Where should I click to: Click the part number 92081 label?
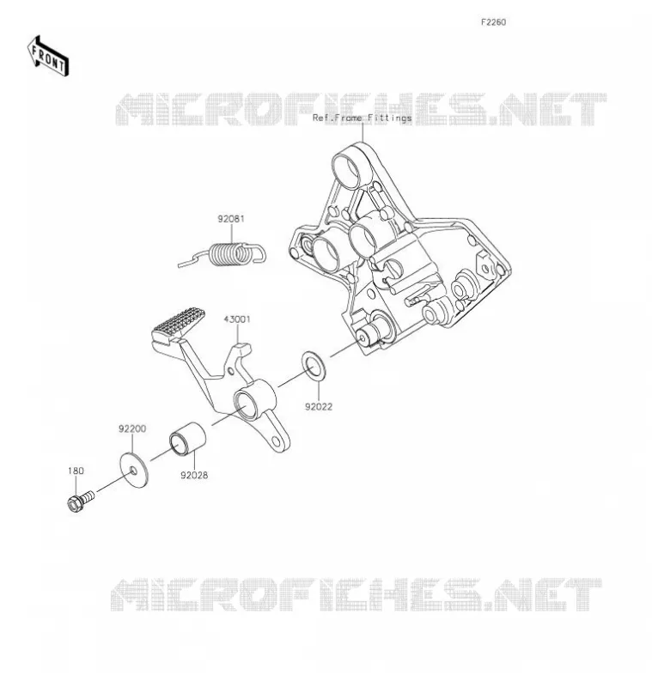tap(231, 219)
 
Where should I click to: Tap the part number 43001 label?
tap(237, 319)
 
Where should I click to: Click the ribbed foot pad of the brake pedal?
tap(178, 325)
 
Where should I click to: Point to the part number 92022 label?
tap(319, 407)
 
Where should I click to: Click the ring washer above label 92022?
tap(314, 366)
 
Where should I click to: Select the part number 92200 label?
tap(132, 429)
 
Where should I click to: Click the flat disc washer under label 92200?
tap(134, 470)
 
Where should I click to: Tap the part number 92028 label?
tap(194, 476)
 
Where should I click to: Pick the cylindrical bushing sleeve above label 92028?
tap(187, 438)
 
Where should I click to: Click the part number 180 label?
tap(76, 471)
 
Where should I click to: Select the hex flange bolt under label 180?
tap(81, 501)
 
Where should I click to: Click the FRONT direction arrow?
tap(47, 57)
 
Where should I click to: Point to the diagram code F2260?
tap(493, 22)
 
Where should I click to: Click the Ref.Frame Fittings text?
tap(362, 118)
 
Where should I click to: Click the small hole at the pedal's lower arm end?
tap(276, 441)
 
